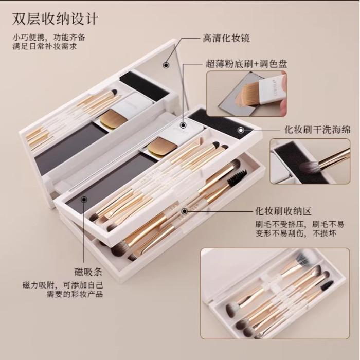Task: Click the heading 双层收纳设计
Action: pos(56,19)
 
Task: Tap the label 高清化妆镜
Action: pos(226,38)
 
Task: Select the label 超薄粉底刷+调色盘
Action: pos(246,64)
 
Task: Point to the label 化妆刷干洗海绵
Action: pos(317,130)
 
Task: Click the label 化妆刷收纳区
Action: pos(283,211)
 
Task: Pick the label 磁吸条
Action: pos(88,272)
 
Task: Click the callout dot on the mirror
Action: pos(166,65)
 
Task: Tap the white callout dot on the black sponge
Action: pos(241,130)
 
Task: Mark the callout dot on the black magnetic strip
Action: pos(84,200)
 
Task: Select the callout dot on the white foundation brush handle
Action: pos(183,125)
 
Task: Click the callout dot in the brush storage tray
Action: pos(184,211)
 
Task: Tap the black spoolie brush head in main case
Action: pos(237,176)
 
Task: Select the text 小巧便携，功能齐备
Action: pos(49,37)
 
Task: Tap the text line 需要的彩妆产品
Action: pos(75,294)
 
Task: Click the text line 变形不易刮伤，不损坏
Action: pos(296,233)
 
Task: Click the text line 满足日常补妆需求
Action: pos(45,46)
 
